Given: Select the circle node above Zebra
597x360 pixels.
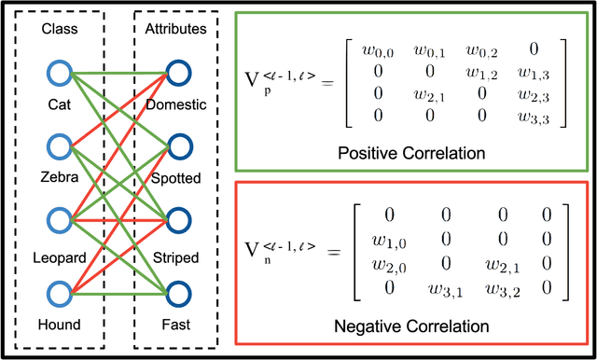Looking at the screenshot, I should (59, 146).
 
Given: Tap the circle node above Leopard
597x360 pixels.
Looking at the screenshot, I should (59, 221).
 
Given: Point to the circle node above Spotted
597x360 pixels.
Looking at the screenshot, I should (179, 146).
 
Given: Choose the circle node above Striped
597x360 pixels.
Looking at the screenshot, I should (179, 221).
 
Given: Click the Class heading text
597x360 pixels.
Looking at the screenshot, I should (58, 30).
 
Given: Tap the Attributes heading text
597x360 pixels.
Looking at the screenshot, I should (177, 30).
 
